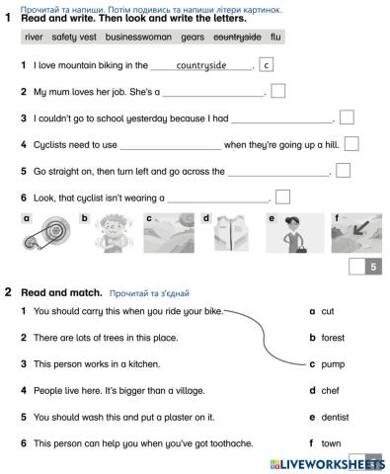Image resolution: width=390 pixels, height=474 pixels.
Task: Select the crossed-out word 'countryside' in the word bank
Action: click(x=237, y=38)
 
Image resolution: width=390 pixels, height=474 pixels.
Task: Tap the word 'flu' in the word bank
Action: click(x=275, y=38)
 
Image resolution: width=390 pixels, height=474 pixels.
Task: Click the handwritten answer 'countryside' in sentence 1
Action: click(x=200, y=66)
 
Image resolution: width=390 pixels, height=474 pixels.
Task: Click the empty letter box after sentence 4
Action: click(x=351, y=144)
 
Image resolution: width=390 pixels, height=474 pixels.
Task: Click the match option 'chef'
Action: click(x=330, y=390)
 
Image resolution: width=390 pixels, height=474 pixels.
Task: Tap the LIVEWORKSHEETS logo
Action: click(x=325, y=463)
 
